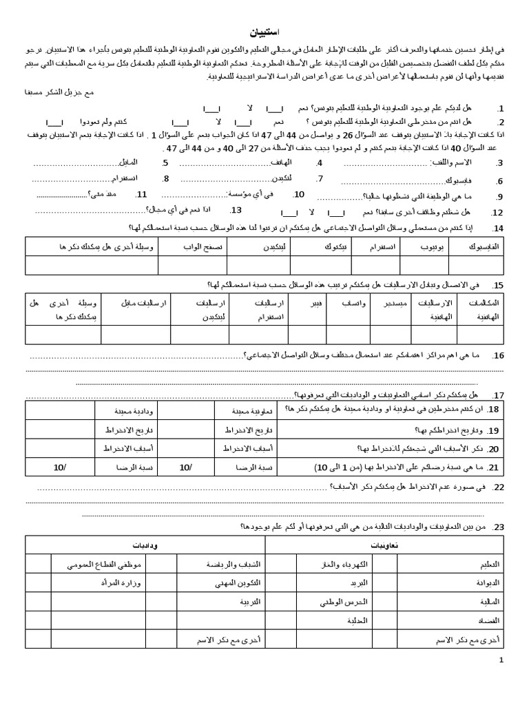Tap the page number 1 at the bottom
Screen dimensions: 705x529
point(501,661)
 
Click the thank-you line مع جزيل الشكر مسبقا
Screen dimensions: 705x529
point(44,91)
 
